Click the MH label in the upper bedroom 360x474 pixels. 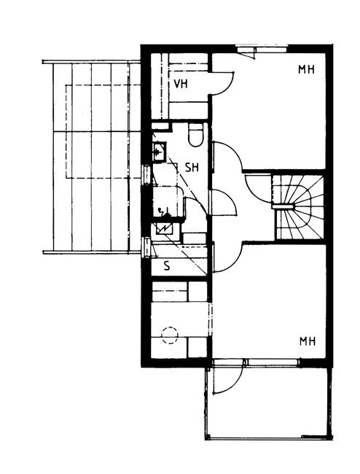pos(306,69)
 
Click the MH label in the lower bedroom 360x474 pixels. pos(308,341)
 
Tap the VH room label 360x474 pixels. pos(181,84)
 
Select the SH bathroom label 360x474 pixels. pos(192,167)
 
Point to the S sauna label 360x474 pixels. pos(167,266)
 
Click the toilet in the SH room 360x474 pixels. pos(195,135)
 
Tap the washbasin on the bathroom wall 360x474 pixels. pos(159,151)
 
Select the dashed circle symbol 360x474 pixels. pos(170,335)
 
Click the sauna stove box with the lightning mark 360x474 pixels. pos(163,229)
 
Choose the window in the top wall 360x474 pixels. pos(262,47)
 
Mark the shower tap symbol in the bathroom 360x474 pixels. pos(163,212)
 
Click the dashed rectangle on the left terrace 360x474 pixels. pos(103,131)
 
